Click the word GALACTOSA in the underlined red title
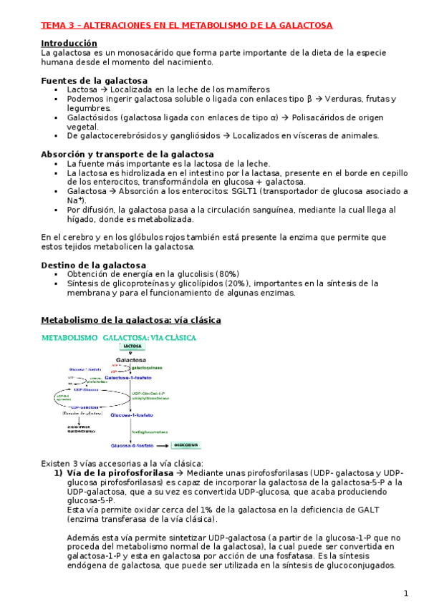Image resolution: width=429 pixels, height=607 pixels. point(307,25)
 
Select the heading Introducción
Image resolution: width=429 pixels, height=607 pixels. point(69,43)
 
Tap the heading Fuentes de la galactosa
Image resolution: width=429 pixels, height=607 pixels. point(95,81)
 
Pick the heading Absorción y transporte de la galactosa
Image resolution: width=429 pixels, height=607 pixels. point(127,154)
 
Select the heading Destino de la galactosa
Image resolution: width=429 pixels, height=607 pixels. point(93,265)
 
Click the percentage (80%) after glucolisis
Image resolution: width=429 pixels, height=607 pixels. point(226,274)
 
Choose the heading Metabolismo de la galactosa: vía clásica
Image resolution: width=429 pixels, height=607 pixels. point(131,319)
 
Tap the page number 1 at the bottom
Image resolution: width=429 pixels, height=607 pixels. point(405,593)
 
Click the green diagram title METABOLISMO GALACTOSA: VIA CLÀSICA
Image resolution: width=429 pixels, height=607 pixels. point(119,336)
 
